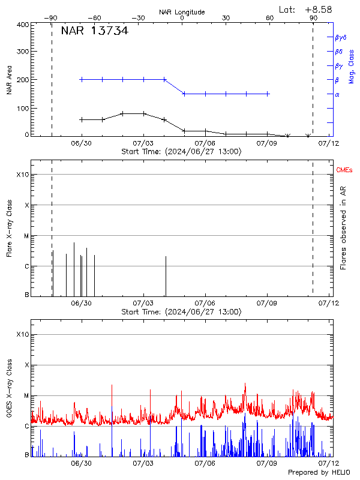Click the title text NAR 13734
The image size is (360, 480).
[x=94, y=31]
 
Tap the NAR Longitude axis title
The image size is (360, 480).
[x=182, y=11]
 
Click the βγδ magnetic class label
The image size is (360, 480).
[x=340, y=37]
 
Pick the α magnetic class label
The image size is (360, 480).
[x=337, y=94]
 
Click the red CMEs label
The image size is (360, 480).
[x=345, y=171]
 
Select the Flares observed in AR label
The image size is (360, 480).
[x=343, y=228]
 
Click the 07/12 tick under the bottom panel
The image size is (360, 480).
[x=328, y=463]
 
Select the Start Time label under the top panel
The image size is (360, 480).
[x=181, y=151]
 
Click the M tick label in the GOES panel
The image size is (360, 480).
[x=26, y=396]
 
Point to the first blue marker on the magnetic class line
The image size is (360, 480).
[x=81, y=79]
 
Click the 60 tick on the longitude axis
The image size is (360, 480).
[x=270, y=18]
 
